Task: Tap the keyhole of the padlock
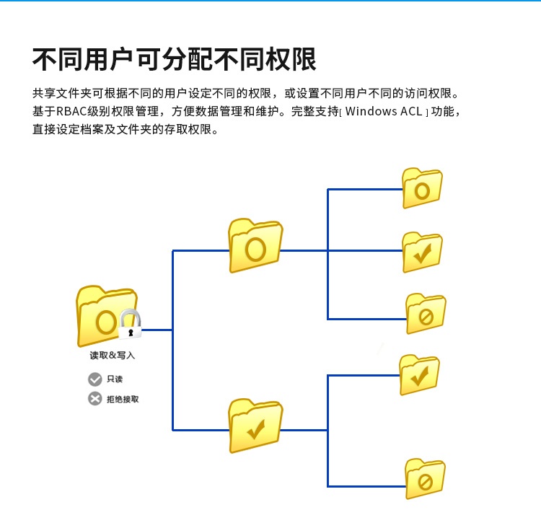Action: [x=131, y=333]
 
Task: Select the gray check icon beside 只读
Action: [x=95, y=379]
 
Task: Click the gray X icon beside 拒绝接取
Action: [x=95, y=399]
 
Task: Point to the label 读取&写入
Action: [x=112, y=355]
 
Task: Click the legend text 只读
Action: [x=115, y=379]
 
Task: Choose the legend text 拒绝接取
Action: [x=123, y=399]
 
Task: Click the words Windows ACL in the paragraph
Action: [x=384, y=111]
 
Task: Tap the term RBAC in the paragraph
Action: [x=71, y=111]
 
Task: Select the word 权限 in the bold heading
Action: [x=291, y=59]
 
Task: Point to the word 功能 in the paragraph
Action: [x=443, y=111]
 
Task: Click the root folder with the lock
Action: [x=107, y=315]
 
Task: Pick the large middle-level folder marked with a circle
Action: [x=255, y=245]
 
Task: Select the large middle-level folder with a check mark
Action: [x=255, y=426]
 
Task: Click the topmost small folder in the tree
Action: [x=422, y=188]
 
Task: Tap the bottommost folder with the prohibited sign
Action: [x=425, y=479]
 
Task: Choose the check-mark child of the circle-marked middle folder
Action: [x=422, y=252]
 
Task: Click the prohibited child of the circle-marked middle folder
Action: [x=426, y=314]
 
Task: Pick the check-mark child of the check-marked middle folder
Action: [x=419, y=375]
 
